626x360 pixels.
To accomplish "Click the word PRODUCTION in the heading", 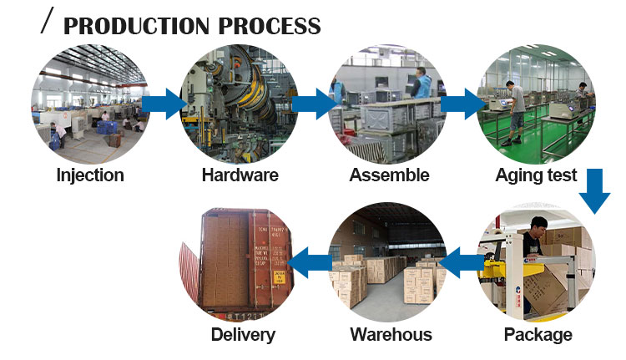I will (x=137, y=26).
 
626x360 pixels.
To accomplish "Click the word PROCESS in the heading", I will (x=270, y=26).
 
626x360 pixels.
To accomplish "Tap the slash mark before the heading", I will (x=48, y=22).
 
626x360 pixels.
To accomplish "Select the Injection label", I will (x=90, y=175).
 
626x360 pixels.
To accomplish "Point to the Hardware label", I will (x=240, y=175).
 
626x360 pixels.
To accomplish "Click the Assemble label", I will (x=389, y=175).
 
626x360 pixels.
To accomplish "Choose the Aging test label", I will (x=536, y=175).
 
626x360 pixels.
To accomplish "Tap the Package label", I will (x=538, y=335).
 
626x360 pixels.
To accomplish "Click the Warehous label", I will (x=391, y=335).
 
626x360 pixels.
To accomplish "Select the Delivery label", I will (x=243, y=335).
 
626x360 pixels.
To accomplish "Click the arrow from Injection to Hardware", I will (x=164, y=103).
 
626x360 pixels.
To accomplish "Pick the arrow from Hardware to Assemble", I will (x=313, y=103).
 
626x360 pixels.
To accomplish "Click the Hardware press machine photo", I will (x=240, y=103).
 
